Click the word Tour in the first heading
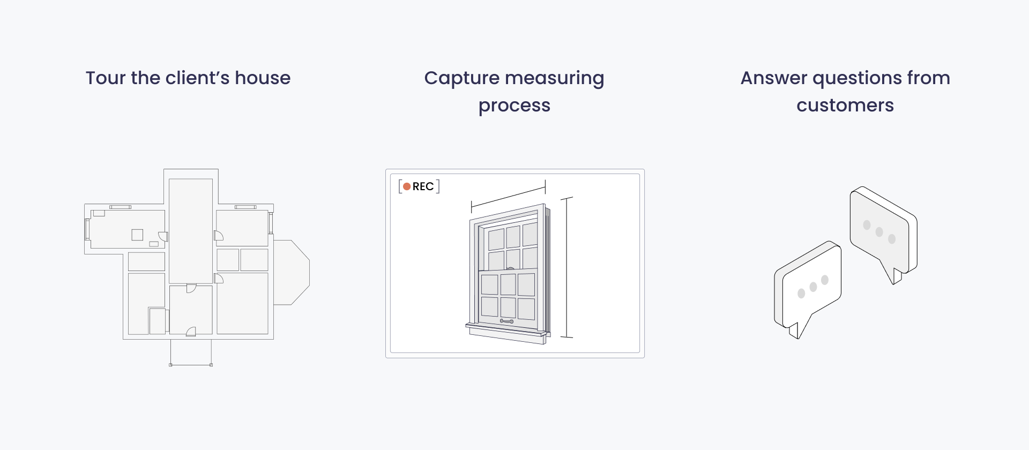[106, 78]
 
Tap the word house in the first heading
[263, 78]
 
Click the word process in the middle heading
[514, 106]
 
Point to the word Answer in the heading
[774, 78]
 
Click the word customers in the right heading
[845, 105]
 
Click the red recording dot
[407, 186]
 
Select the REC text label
[423, 186]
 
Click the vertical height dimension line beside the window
[566, 267]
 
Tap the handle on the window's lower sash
[506, 321]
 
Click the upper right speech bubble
[883, 231]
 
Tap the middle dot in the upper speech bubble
[879, 232]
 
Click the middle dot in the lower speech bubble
[813, 287]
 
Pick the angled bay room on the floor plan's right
[291, 273]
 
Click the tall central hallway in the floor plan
[191, 231]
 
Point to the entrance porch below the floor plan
[191, 352]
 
